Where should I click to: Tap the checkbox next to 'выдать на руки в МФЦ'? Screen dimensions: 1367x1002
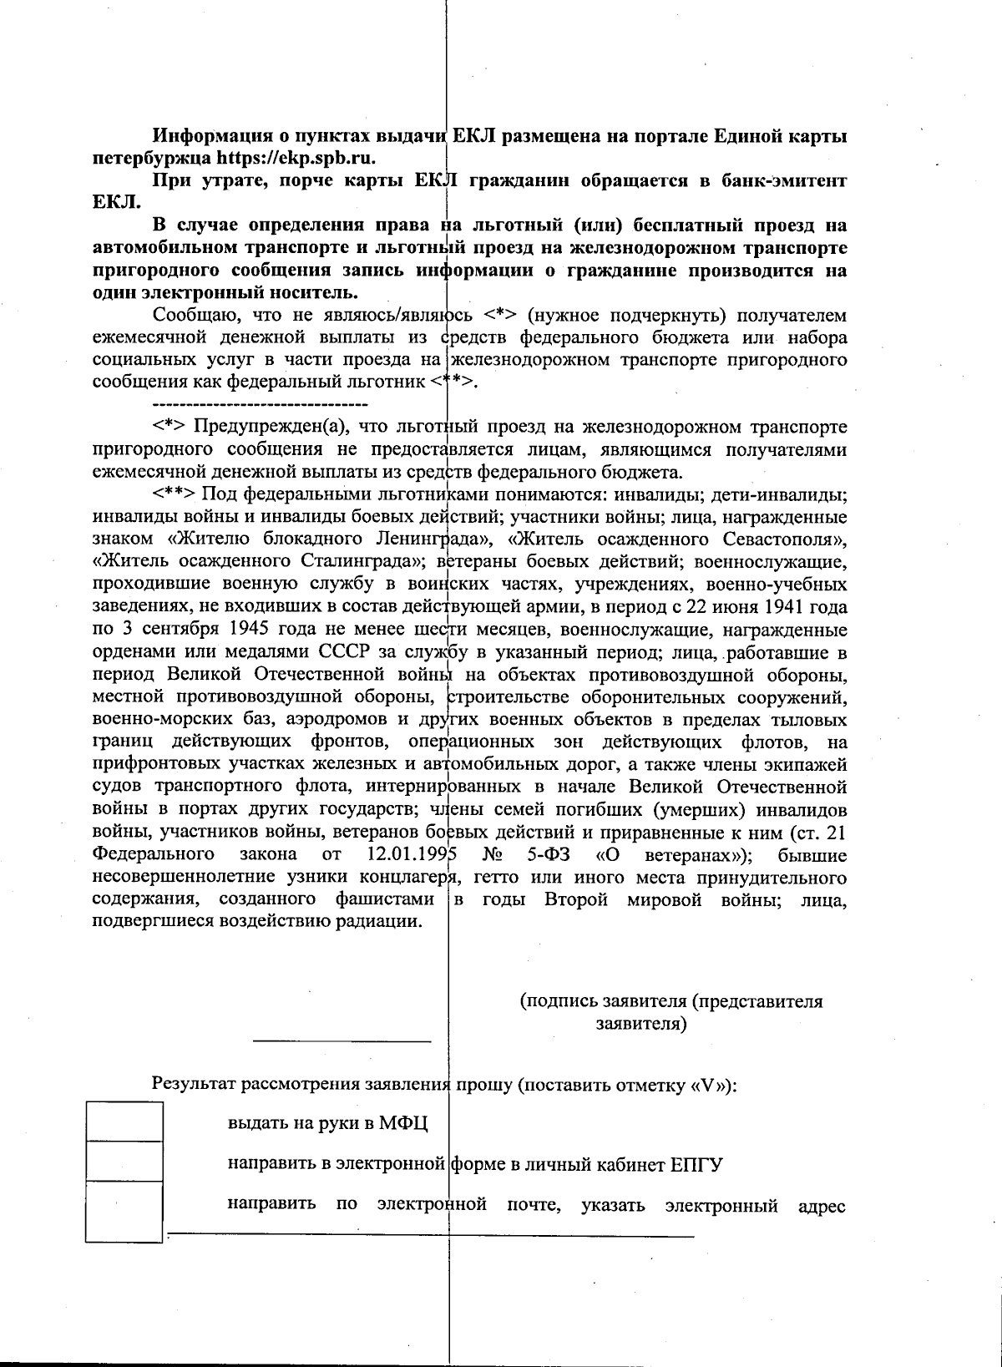pos(124,1121)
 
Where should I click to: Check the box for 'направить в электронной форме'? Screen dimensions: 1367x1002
pos(124,1162)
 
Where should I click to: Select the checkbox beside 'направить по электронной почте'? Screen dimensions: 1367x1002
pos(124,1211)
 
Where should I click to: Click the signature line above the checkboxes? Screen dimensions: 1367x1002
pos(342,1040)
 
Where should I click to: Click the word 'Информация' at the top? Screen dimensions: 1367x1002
pos(208,135)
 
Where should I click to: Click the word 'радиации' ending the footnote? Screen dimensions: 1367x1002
pos(385,922)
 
